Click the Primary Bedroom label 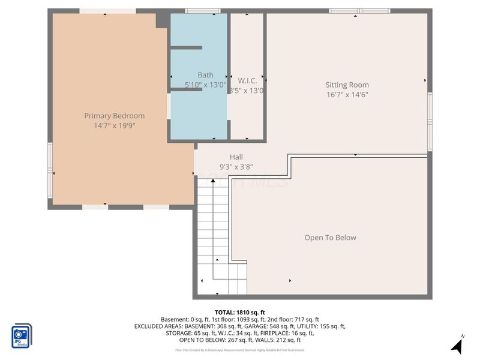[x=114, y=116]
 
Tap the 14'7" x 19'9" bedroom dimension [x=114, y=126]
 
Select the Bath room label [x=205, y=75]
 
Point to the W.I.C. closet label [x=247, y=80]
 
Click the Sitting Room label [x=347, y=85]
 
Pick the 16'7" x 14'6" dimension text [x=347, y=95]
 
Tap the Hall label [x=236, y=157]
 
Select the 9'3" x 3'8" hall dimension [x=236, y=167]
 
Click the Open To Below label [x=330, y=238]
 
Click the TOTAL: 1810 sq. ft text [x=240, y=312]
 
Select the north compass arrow [x=457, y=345]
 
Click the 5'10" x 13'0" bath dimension [x=205, y=85]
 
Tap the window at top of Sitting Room [x=359, y=11]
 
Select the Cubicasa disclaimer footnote [x=240, y=350]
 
